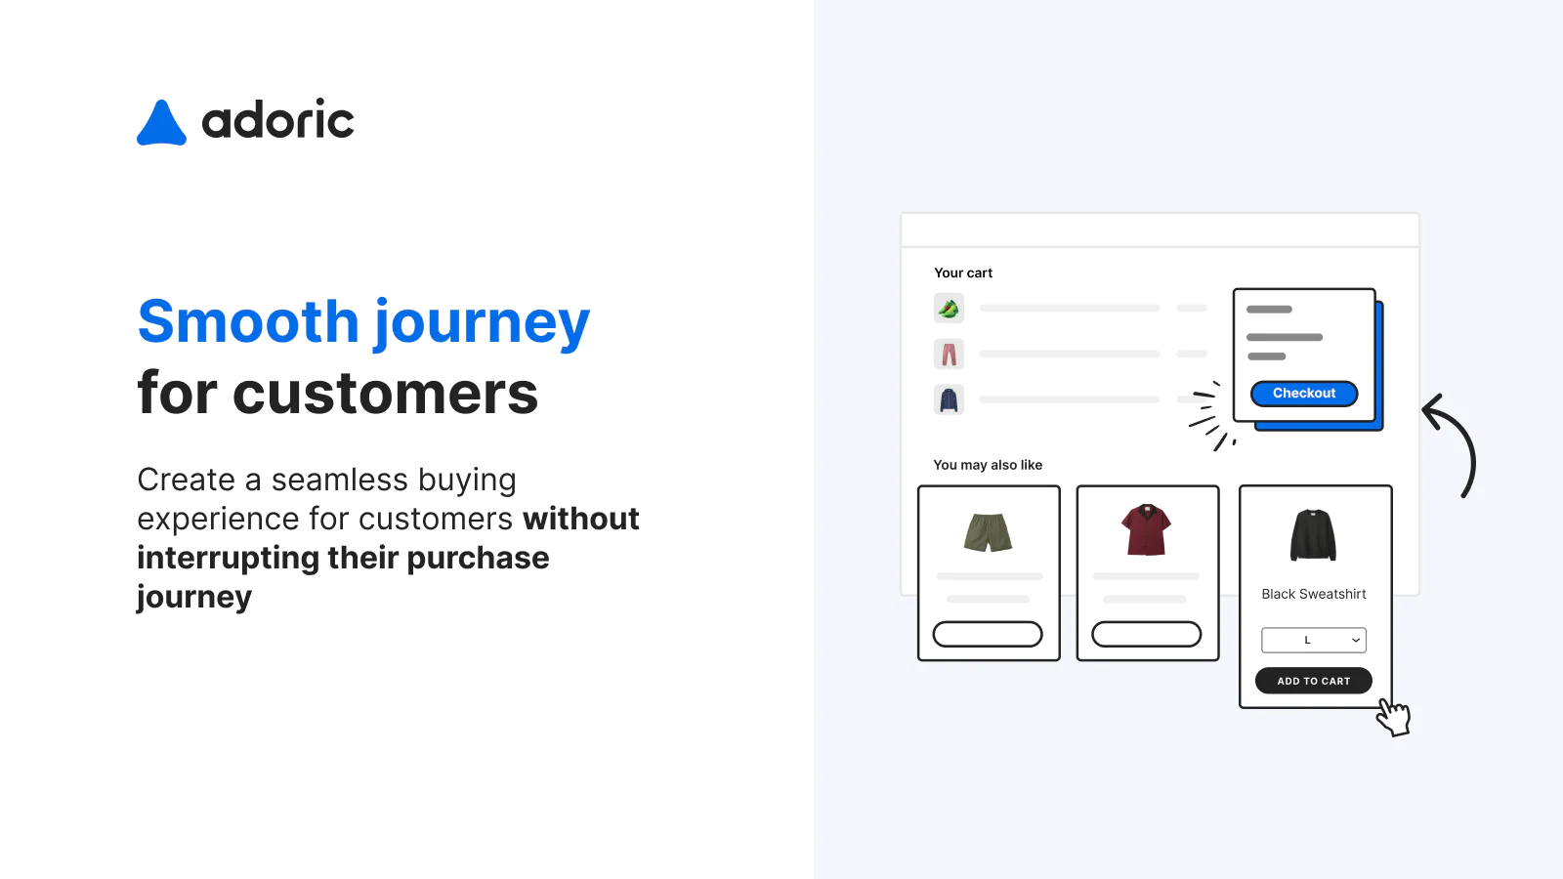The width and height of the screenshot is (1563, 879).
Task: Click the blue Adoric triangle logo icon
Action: coord(161,124)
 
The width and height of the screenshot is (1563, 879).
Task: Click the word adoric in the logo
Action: coord(277,121)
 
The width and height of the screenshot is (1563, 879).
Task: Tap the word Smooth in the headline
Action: coord(249,322)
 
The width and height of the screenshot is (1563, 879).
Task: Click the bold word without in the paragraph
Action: coord(580,519)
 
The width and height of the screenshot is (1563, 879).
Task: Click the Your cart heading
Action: coord(963,273)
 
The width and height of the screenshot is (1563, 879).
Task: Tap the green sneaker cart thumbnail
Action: coord(949,309)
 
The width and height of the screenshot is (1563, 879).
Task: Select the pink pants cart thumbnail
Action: coord(949,354)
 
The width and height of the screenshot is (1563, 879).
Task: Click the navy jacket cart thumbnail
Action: coord(949,399)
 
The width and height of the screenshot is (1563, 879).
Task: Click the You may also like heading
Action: coord(988,465)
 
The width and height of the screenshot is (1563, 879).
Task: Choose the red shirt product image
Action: coord(1147,529)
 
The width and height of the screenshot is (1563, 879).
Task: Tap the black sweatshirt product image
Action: coord(1313,534)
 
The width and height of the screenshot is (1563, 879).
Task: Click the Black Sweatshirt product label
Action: coord(1314,594)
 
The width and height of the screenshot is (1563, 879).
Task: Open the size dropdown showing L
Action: coord(1314,640)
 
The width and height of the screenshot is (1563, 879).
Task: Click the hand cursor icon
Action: coord(1394,718)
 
